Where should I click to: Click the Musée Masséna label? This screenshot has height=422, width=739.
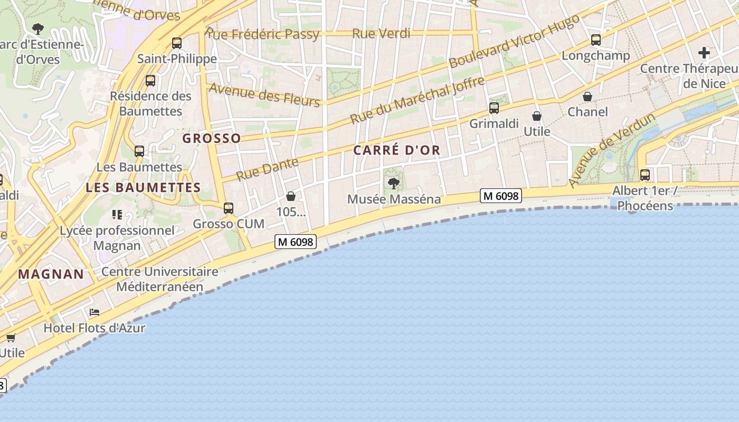point(394,199)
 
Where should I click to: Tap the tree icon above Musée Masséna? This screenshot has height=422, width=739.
point(393,184)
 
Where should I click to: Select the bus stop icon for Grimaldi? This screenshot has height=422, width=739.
point(494,108)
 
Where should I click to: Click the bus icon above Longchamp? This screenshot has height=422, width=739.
point(596,40)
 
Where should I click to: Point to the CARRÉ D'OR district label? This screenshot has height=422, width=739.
point(396,150)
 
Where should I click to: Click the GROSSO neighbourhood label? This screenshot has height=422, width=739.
point(212,138)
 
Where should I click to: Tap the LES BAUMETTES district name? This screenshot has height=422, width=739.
point(143,187)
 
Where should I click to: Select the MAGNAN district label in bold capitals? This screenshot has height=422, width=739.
point(51,274)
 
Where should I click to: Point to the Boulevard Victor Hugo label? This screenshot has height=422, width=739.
point(514,41)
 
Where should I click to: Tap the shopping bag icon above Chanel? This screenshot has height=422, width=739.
point(588,97)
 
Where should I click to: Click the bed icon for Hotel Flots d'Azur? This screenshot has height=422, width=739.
point(94,312)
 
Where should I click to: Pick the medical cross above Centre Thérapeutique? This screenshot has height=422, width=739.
point(704,53)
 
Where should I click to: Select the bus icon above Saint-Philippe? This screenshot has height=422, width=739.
point(177,43)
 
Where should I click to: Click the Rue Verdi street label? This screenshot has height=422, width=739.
point(381,34)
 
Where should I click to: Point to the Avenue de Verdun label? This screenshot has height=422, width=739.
point(612,150)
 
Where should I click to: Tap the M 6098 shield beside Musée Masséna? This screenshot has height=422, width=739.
point(501,196)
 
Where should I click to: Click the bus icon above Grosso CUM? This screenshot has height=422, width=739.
point(229,208)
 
